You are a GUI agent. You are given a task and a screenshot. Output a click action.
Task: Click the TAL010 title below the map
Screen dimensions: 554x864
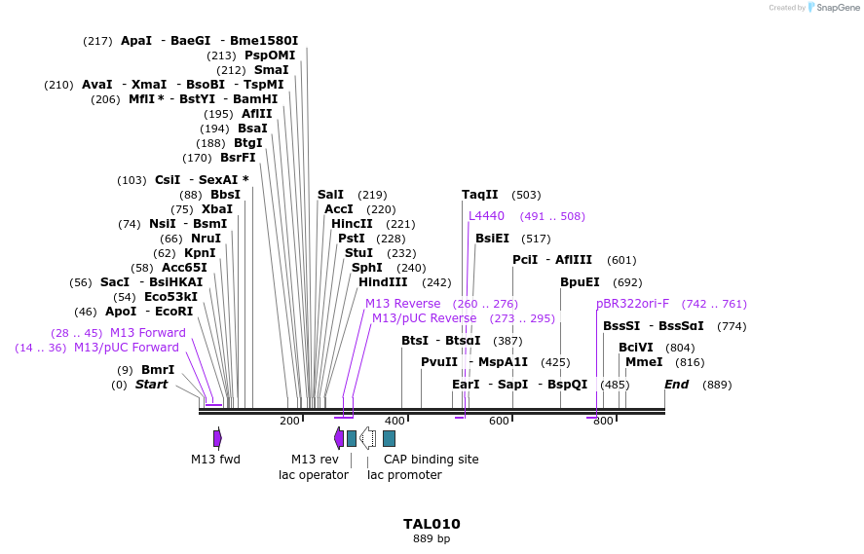click(432, 524)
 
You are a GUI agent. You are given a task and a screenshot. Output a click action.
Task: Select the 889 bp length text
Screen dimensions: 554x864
click(432, 538)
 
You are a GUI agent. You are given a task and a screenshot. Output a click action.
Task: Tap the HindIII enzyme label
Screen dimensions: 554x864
click(383, 282)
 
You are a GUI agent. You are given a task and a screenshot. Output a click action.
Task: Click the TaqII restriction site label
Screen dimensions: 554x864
click(479, 195)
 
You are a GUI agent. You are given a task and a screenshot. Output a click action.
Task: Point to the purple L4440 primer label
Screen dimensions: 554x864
click(486, 216)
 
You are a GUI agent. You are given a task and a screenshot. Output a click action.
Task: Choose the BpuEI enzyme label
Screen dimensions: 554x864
click(580, 282)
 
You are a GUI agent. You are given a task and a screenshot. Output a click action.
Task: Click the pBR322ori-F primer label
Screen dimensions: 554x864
click(633, 304)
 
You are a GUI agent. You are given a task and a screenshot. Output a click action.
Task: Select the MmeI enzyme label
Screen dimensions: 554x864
click(644, 362)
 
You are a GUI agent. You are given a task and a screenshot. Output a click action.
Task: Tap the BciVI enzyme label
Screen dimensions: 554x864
click(636, 348)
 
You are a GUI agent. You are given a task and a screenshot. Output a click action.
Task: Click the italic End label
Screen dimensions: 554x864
click(676, 385)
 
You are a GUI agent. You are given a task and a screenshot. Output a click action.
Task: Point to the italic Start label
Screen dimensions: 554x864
click(151, 385)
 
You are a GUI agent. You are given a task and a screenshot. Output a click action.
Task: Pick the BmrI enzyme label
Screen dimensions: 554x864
click(158, 370)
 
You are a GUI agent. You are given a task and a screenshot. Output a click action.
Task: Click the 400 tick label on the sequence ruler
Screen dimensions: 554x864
click(394, 421)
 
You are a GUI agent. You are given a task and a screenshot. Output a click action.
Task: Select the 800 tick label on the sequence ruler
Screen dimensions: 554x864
click(603, 421)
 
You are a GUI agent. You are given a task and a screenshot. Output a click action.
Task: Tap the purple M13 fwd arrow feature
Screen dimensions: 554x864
click(217, 438)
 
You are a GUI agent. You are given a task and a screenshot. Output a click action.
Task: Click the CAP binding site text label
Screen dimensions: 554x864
click(431, 460)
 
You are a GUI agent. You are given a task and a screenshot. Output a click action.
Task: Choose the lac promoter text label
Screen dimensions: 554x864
click(404, 475)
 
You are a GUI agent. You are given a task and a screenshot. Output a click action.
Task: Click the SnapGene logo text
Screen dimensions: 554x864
click(838, 7)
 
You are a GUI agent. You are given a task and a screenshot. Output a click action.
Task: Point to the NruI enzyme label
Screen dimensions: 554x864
click(206, 239)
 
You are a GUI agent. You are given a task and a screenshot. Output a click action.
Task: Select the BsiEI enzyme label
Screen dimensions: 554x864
click(492, 239)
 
